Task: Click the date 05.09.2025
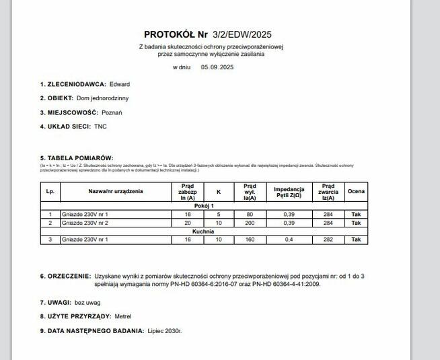point(217,67)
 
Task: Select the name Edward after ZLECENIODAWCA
point(119,84)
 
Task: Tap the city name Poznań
point(112,112)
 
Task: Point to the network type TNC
point(100,127)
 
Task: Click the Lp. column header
point(50,192)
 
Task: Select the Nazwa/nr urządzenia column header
point(116,192)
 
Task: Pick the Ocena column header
point(356,192)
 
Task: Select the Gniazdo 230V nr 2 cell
point(85,223)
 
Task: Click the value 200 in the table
point(250,223)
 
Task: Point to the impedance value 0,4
point(289,240)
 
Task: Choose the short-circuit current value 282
point(328,240)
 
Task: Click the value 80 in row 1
point(250,214)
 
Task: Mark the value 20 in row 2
point(188,223)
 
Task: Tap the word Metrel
point(123,316)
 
